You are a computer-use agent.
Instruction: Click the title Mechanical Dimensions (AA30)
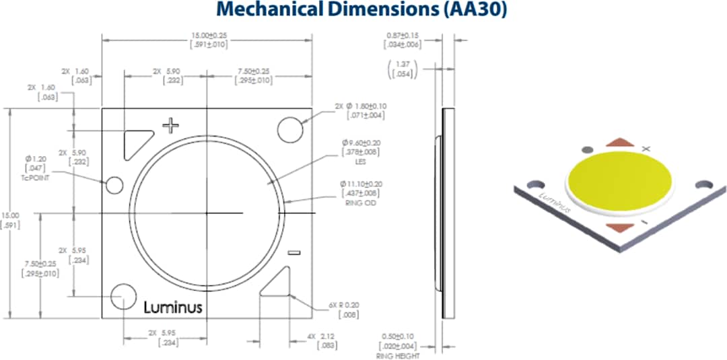click(x=363, y=11)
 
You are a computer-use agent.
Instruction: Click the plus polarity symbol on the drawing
click(x=172, y=124)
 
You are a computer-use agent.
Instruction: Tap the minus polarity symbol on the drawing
click(x=293, y=253)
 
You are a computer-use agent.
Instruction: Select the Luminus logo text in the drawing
click(x=173, y=307)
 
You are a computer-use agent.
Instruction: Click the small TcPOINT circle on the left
click(x=114, y=185)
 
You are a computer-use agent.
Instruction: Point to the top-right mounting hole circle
click(x=290, y=130)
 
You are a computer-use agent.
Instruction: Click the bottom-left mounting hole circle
click(x=124, y=295)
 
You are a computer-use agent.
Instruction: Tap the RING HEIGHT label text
click(x=397, y=355)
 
